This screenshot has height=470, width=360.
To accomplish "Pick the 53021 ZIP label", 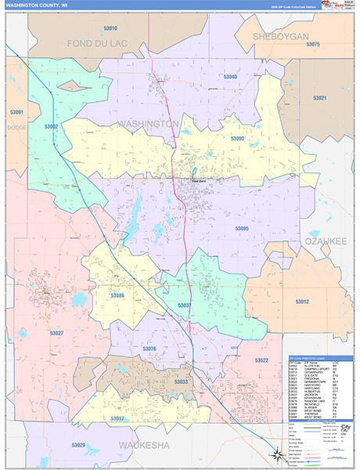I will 320,98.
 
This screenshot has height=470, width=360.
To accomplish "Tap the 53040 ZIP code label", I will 230,77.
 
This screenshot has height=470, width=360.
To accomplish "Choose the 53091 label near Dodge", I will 16,112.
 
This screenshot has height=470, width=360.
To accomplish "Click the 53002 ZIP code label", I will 52,126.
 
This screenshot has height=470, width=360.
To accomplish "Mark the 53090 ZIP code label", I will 237,138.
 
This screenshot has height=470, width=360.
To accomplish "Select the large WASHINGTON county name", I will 149,124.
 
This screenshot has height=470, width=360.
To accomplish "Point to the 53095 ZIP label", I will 242,229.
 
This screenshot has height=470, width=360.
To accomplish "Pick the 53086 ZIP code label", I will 117,295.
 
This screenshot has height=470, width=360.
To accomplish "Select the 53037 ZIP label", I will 185,305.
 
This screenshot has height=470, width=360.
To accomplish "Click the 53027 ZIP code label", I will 56,333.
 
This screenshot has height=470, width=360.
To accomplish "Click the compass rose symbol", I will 275,454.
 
